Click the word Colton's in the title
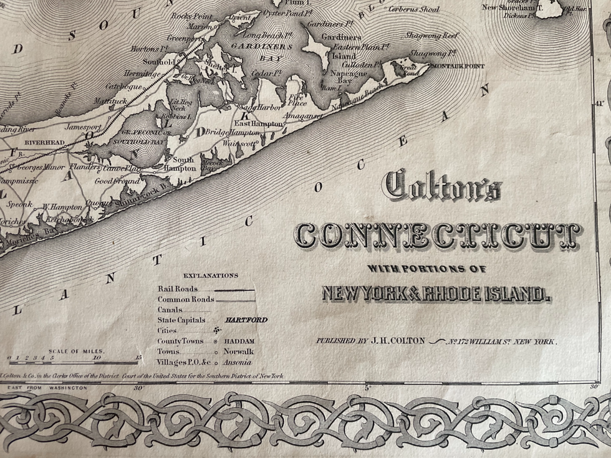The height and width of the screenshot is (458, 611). [x=443, y=185]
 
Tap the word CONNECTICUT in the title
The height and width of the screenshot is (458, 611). [x=438, y=236]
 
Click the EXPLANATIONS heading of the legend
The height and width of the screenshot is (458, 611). [x=210, y=275]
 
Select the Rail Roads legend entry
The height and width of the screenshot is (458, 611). [x=178, y=289]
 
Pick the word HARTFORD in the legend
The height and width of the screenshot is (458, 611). [x=246, y=320]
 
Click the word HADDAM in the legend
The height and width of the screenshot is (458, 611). [x=240, y=341]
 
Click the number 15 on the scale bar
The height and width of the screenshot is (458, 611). [x=138, y=358]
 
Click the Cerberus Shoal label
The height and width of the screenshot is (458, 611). [x=413, y=9]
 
